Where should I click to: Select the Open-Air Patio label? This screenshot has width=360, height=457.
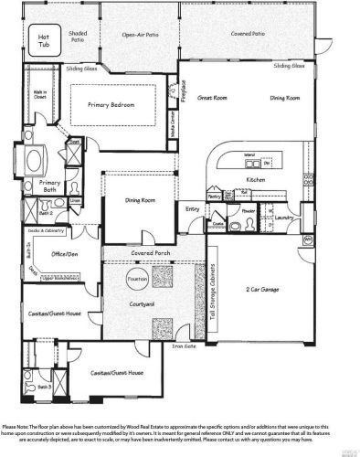coord(140,37)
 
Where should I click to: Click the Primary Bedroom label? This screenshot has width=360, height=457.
coord(111,104)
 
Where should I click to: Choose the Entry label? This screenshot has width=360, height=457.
coord(193,210)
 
